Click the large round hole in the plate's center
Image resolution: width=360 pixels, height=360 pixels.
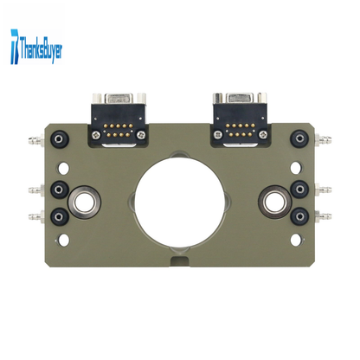tap(179, 201)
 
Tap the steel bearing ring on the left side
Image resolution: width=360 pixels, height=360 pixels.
tap(84, 202)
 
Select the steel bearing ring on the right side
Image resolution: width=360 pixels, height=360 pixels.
tap(274, 202)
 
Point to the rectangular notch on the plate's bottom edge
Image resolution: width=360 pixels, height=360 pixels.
tap(180, 260)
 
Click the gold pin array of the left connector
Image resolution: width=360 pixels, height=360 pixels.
tap(119, 131)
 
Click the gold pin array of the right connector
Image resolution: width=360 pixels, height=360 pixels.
tap(241, 130)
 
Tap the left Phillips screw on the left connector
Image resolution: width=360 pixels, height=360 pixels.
tap(96, 134)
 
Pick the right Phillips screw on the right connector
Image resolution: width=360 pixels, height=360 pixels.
tap(263, 134)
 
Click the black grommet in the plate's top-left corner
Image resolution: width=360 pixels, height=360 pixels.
tap(60, 139)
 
